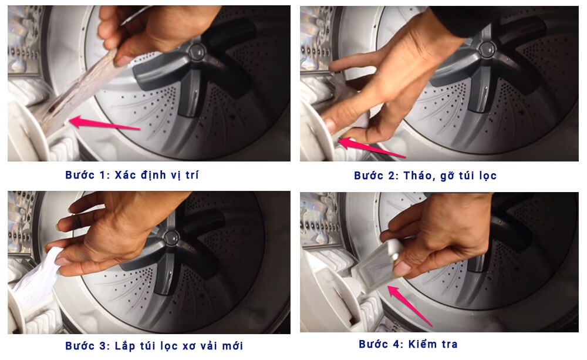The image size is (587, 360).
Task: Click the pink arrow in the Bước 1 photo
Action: [x=105, y=123]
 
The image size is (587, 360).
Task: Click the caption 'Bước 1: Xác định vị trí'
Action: [x=131, y=175]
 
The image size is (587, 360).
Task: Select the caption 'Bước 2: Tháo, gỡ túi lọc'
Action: [x=425, y=176]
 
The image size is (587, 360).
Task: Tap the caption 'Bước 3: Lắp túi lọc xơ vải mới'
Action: [x=154, y=345]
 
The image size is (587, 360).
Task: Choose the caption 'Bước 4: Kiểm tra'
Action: [x=408, y=344]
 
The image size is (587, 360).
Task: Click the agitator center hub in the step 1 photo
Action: [x=197, y=52]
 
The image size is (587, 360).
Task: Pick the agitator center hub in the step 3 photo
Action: [x=172, y=237]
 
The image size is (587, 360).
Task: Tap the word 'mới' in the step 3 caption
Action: [x=232, y=345]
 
